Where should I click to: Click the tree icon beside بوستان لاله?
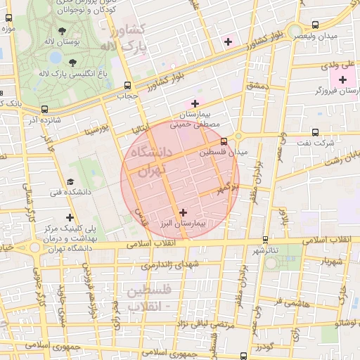pos(63,31)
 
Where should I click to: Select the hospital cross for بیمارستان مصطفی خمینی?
pos(195,104)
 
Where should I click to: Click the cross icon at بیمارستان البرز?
pos(184,212)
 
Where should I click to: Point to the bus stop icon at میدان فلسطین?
pos(224,141)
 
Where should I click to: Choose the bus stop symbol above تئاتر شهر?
pos(265,240)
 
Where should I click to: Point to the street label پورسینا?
pos(95,130)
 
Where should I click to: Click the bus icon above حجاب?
pos(129,84)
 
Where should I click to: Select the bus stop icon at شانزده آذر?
pos(46,109)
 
